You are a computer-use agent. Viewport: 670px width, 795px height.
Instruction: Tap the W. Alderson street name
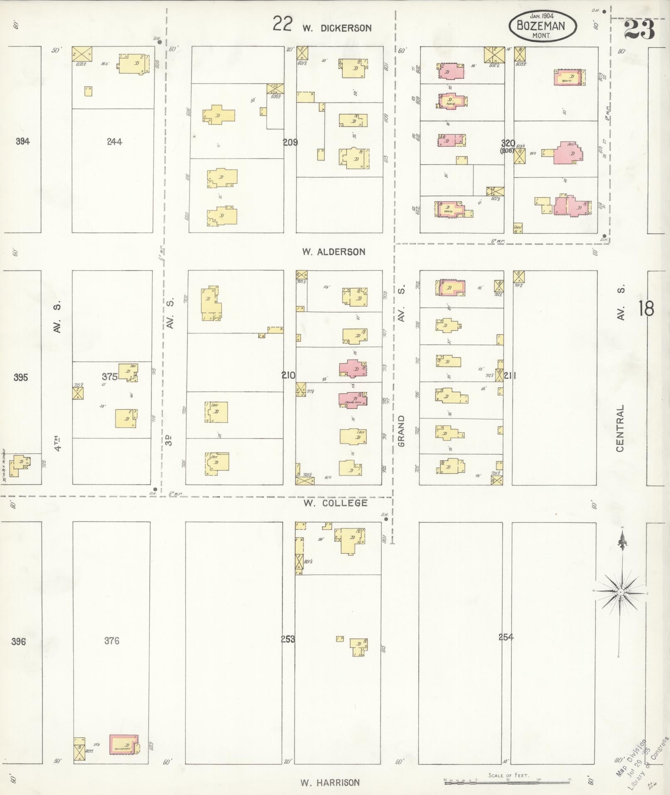click(x=334, y=251)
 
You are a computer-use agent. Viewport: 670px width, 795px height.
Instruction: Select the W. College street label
click(x=335, y=503)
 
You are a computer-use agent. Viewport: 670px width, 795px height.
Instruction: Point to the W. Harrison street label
click(x=330, y=783)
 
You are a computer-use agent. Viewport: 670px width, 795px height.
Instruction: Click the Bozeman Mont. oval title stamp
click(x=542, y=26)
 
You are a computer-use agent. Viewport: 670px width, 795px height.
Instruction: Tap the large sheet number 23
click(x=639, y=29)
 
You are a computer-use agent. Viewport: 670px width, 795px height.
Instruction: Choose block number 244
click(x=114, y=142)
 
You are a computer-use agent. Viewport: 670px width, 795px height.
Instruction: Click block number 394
click(x=23, y=141)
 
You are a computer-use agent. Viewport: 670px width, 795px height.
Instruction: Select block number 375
click(x=110, y=377)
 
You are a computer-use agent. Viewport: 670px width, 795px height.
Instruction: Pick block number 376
click(x=112, y=640)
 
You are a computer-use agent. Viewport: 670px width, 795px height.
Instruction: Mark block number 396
click(x=19, y=641)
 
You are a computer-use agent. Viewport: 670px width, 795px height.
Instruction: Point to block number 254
click(x=506, y=637)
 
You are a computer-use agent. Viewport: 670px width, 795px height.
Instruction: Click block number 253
click(x=288, y=639)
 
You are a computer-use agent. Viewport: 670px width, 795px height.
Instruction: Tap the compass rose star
click(x=620, y=591)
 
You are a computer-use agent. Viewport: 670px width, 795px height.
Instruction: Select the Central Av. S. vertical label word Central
click(x=621, y=428)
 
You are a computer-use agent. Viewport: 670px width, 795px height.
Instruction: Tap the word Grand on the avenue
click(x=401, y=431)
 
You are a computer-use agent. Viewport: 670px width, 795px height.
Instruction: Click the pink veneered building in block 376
click(x=123, y=744)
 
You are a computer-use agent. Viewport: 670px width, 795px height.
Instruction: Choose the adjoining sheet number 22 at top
click(x=282, y=24)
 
